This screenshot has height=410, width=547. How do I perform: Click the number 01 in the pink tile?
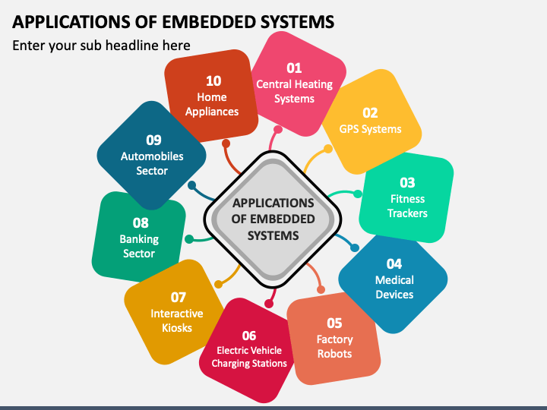click(x=294, y=68)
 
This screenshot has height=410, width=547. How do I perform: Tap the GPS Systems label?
click(x=370, y=129)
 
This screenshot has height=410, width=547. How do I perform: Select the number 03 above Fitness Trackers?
click(x=407, y=183)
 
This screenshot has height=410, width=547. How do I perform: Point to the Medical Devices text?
click(x=394, y=287)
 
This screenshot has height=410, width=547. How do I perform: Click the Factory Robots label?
click(x=334, y=346)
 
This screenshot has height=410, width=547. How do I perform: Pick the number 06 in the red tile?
click(x=249, y=336)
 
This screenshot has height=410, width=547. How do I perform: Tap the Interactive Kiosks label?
click(x=177, y=320)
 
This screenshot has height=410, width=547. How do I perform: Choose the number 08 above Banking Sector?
click(x=141, y=222)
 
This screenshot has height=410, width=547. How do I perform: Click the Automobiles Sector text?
click(x=152, y=163)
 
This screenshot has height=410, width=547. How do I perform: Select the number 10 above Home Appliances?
click(x=213, y=81)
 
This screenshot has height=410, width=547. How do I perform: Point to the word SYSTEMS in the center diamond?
click(x=273, y=235)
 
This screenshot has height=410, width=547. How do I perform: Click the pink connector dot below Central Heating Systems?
click(x=278, y=130)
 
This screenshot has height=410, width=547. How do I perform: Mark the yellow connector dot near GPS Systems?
click(x=328, y=149)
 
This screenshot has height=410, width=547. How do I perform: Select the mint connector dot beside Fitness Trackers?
click(x=358, y=194)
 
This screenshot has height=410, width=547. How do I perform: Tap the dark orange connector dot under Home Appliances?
click(x=226, y=143)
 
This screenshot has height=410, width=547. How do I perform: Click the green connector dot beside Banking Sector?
click(x=189, y=239)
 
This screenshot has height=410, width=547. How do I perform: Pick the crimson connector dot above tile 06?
click(x=269, y=304)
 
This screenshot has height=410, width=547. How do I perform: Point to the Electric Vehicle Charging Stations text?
click(x=249, y=357)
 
